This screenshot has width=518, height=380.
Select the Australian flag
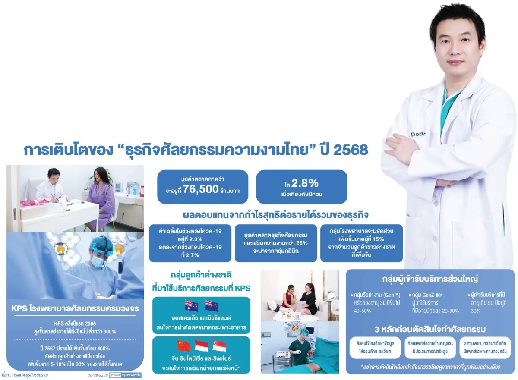(x=191, y=305)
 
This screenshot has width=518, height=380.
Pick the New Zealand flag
(x=212, y=305)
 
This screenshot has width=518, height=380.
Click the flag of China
(x=183, y=345)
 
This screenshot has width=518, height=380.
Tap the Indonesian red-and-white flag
(x=201, y=345)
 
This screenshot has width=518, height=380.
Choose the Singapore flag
(x=219, y=345)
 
